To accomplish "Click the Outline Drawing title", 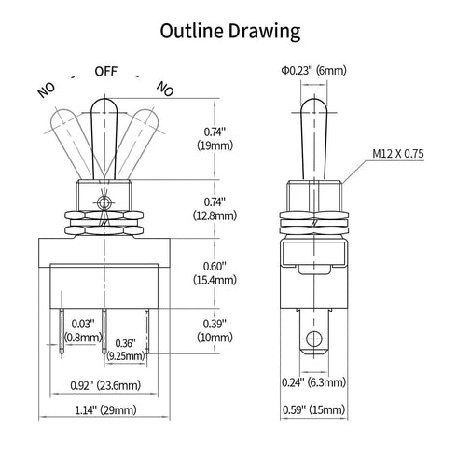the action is (230, 32).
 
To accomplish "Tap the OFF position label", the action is (106, 71).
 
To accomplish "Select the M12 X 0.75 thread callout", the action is (398, 154).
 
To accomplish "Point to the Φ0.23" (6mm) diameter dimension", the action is (313, 71).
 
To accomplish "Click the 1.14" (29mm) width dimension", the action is (105, 410).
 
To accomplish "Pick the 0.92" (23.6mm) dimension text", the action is (105, 385).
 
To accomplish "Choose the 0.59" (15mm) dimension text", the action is (313, 409).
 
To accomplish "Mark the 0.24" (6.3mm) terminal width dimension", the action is (313, 382).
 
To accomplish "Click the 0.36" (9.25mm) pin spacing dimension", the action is (126, 350).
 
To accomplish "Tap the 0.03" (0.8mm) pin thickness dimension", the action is (83, 330).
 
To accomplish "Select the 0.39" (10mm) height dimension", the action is (215, 330).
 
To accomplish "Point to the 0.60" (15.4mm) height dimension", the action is (215, 273).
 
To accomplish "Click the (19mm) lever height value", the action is (215, 145).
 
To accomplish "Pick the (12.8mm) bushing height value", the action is (215, 215).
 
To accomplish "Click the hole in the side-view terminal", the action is (313, 339).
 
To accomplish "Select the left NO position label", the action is (47, 90).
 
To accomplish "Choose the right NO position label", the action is (165, 89).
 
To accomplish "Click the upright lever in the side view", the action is (314, 139).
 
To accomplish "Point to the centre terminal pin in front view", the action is (104, 331).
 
